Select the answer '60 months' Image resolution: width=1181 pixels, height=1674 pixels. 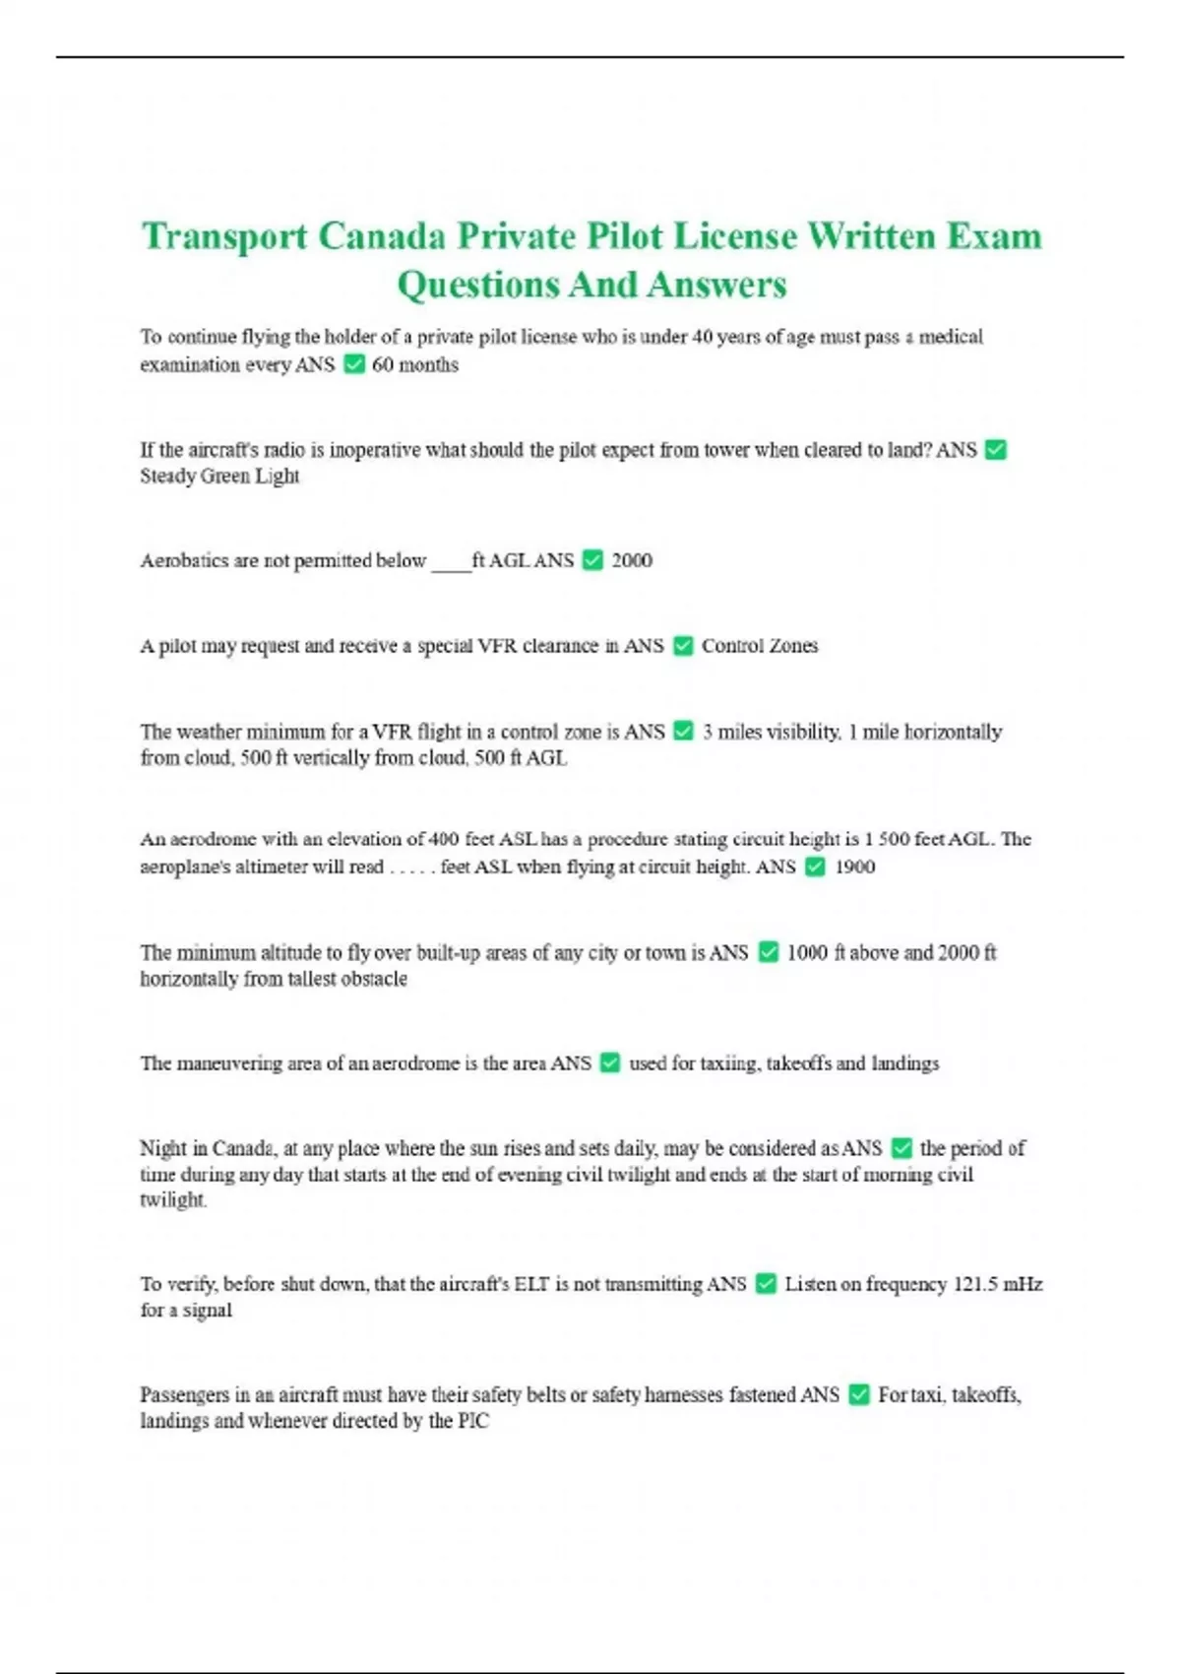tap(415, 364)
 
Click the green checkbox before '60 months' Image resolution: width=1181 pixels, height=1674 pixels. tap(353, 364)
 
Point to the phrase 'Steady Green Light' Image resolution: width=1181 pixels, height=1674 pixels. tap(219, 477)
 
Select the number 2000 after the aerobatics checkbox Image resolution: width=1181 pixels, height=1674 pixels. tap(632, 560)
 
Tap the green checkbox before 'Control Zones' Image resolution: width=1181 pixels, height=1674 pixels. tap(683, 646)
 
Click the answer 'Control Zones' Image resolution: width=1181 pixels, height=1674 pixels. tap(760, 646)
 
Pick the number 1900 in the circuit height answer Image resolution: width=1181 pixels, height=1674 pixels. tap(854, 867)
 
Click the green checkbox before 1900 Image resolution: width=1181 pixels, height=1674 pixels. tap(815, 867)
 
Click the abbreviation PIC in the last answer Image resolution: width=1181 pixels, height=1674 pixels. tap(472, 1421)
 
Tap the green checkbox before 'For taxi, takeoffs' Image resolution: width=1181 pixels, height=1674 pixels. tap(859, 1394)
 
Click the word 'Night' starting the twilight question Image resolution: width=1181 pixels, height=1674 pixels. tap(162, 1148)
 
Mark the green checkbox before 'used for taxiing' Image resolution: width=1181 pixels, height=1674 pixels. tap(610, 1063)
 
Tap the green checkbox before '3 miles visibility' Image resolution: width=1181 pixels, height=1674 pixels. tap(683, 732)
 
